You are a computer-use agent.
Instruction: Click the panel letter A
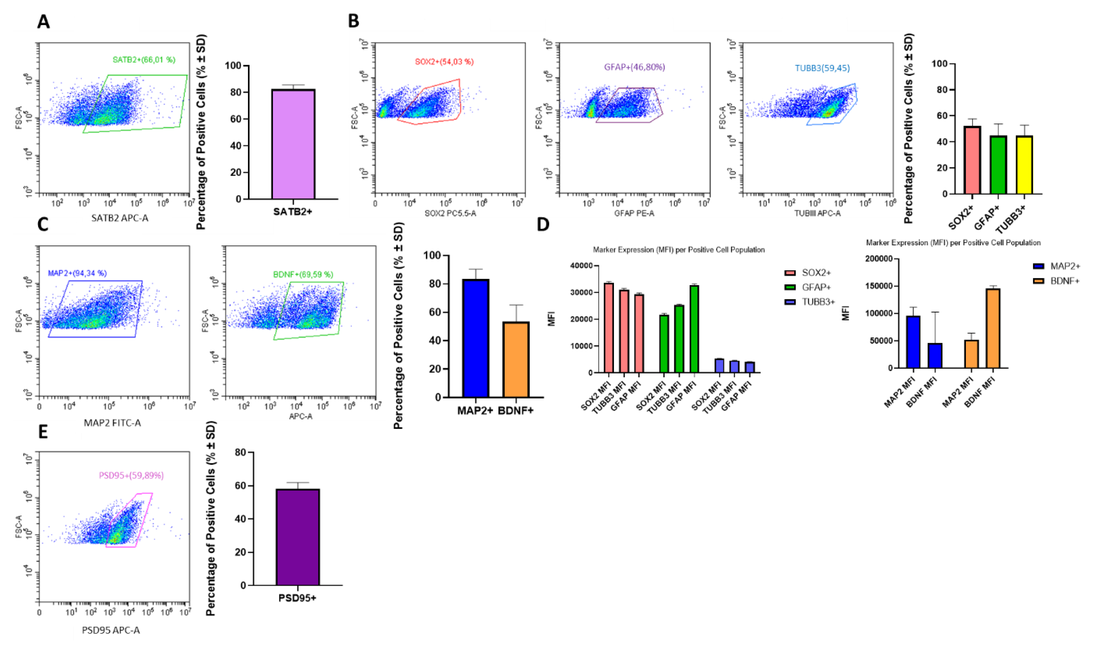43,22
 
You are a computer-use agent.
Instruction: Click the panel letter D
543,225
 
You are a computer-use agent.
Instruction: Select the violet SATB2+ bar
293,144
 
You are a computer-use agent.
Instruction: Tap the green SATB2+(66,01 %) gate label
144,60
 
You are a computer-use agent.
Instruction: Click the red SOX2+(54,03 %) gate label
444,62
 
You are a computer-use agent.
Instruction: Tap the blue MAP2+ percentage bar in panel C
476,338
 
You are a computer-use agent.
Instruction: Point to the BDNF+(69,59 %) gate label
303,275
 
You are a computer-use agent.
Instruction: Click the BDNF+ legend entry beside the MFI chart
1064,281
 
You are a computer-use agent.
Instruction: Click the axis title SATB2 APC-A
120,218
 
